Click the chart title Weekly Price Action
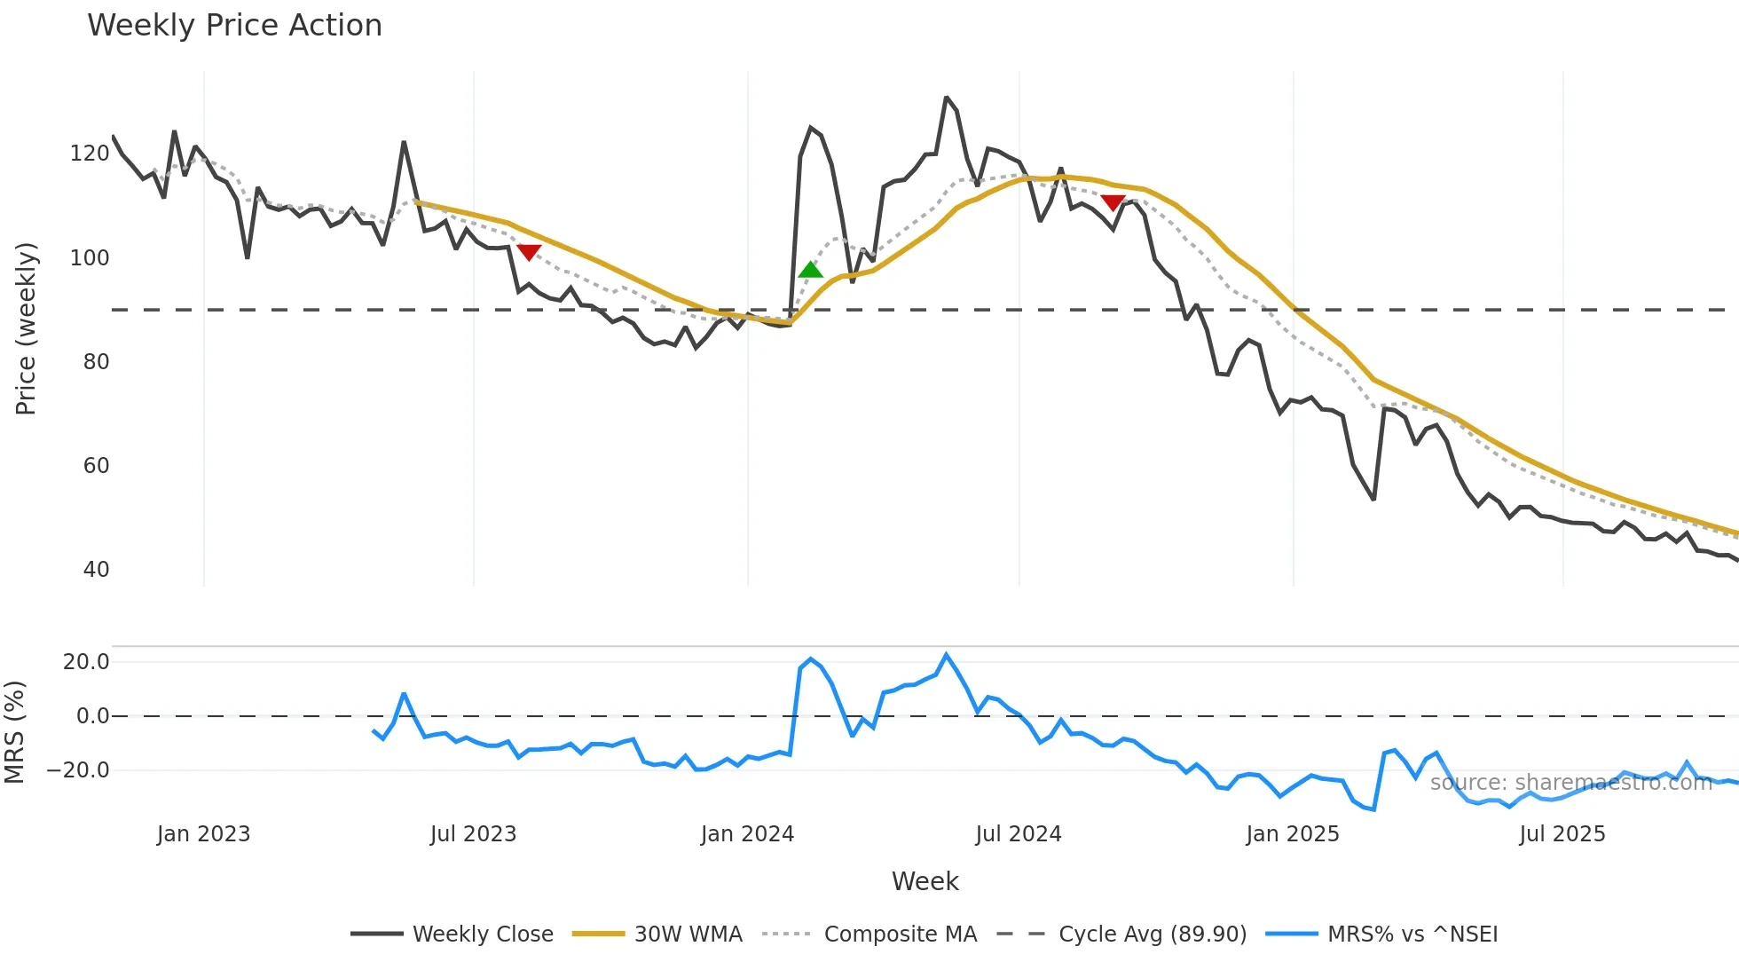coord(234,26)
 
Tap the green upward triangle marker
coord(810,270)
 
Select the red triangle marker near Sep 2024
coord(1113,203)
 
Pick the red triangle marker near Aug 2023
coord(529,253)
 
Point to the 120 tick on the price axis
coord(90,154)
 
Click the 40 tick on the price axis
coord(96,570)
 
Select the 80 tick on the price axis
coord(96,362)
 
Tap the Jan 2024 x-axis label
coord(747,834)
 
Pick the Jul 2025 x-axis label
coord(1562,834)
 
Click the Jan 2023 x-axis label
coord(203,834)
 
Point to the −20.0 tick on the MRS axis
coord(78,770)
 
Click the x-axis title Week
coord(925,881)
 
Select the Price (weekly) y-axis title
coord(26,328)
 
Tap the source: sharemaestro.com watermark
coord(1570,783)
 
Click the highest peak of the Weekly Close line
coord(947,98)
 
